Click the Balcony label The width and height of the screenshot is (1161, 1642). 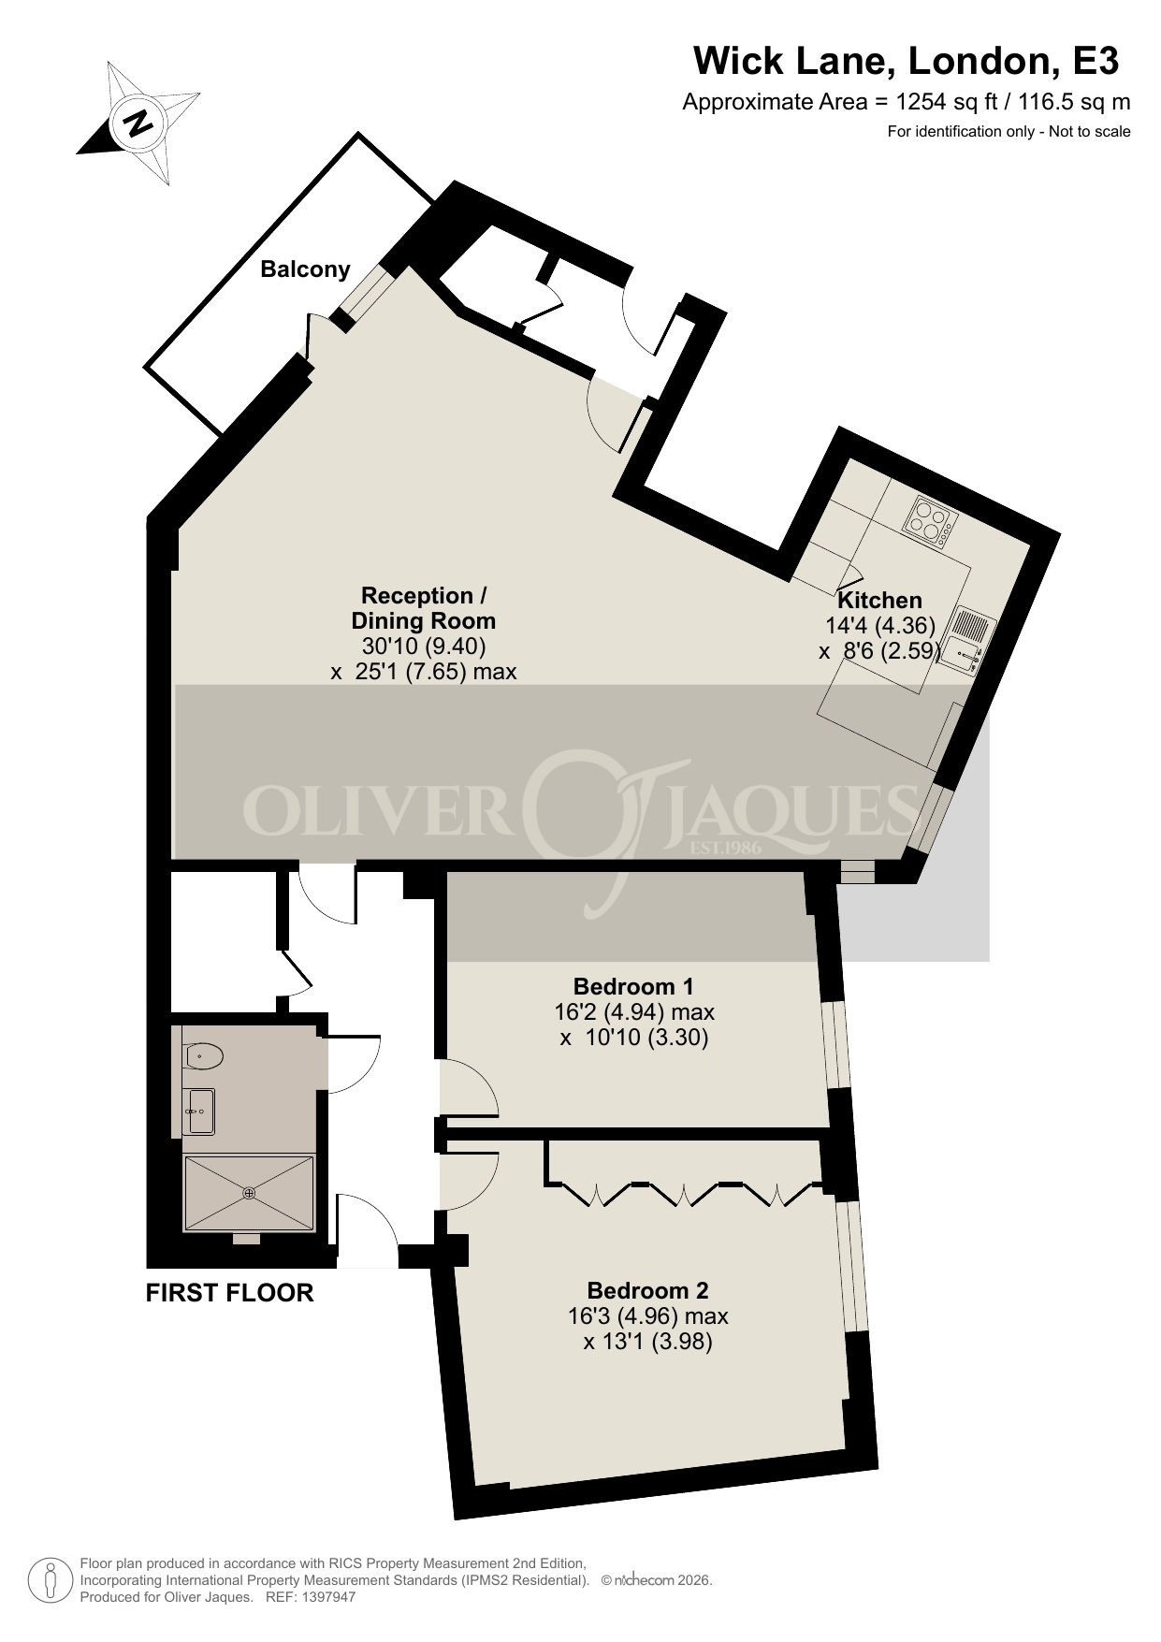305,269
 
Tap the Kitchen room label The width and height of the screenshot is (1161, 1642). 879,601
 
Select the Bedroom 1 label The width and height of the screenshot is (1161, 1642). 633,986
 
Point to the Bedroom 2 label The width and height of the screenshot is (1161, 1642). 647,1291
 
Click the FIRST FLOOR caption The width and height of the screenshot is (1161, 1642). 229,1293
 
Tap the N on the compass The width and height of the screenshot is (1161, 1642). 138,122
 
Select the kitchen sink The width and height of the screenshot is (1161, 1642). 968,640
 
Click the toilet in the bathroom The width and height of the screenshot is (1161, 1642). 203,1057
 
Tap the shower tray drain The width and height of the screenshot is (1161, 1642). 249,1193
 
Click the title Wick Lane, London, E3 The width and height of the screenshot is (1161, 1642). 906,62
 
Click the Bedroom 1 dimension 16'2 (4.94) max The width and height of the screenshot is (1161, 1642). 634,1011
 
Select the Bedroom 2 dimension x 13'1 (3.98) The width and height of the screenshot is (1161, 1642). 648,1342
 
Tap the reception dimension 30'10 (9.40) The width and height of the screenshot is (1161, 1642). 424,646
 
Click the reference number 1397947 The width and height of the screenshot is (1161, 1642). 324,1597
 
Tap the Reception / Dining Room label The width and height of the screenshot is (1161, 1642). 424,608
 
